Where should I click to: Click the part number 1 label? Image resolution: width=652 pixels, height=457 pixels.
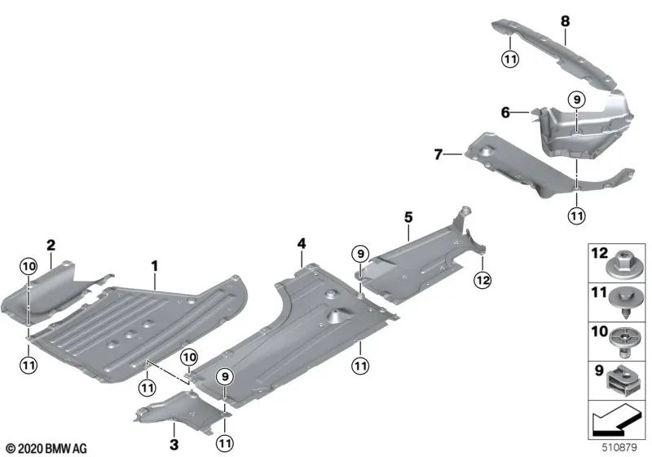tap(152, 265)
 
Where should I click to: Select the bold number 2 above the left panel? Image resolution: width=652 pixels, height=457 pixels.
tap(51, 244)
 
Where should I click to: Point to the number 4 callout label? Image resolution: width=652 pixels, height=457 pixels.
tap(302, 244)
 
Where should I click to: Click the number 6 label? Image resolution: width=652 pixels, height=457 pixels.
tap(506, 113)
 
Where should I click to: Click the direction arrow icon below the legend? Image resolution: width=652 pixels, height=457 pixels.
tap(615, 421)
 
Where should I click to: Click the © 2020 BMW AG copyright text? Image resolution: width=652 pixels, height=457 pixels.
tap(46, 448)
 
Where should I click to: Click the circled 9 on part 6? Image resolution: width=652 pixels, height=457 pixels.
tap(576, 100)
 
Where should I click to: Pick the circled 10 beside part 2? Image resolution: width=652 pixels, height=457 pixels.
tap(29, 266)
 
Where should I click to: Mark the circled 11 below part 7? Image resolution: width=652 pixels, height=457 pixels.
tap(576, 215)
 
